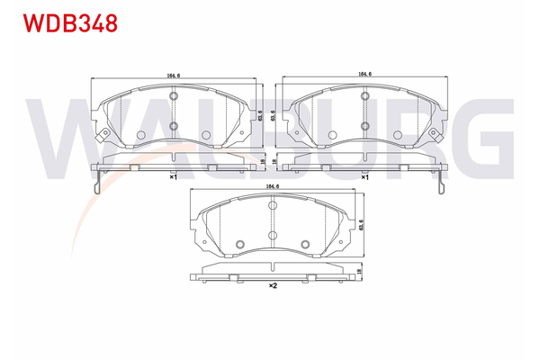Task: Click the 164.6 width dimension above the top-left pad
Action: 173,75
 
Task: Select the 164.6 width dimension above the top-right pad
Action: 365,75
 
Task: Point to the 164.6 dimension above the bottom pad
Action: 271,186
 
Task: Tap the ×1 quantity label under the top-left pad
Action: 172,177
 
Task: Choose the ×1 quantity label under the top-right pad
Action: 364,177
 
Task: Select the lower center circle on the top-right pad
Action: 365,125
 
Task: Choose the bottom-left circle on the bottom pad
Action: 239,245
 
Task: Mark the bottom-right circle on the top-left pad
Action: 206,136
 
